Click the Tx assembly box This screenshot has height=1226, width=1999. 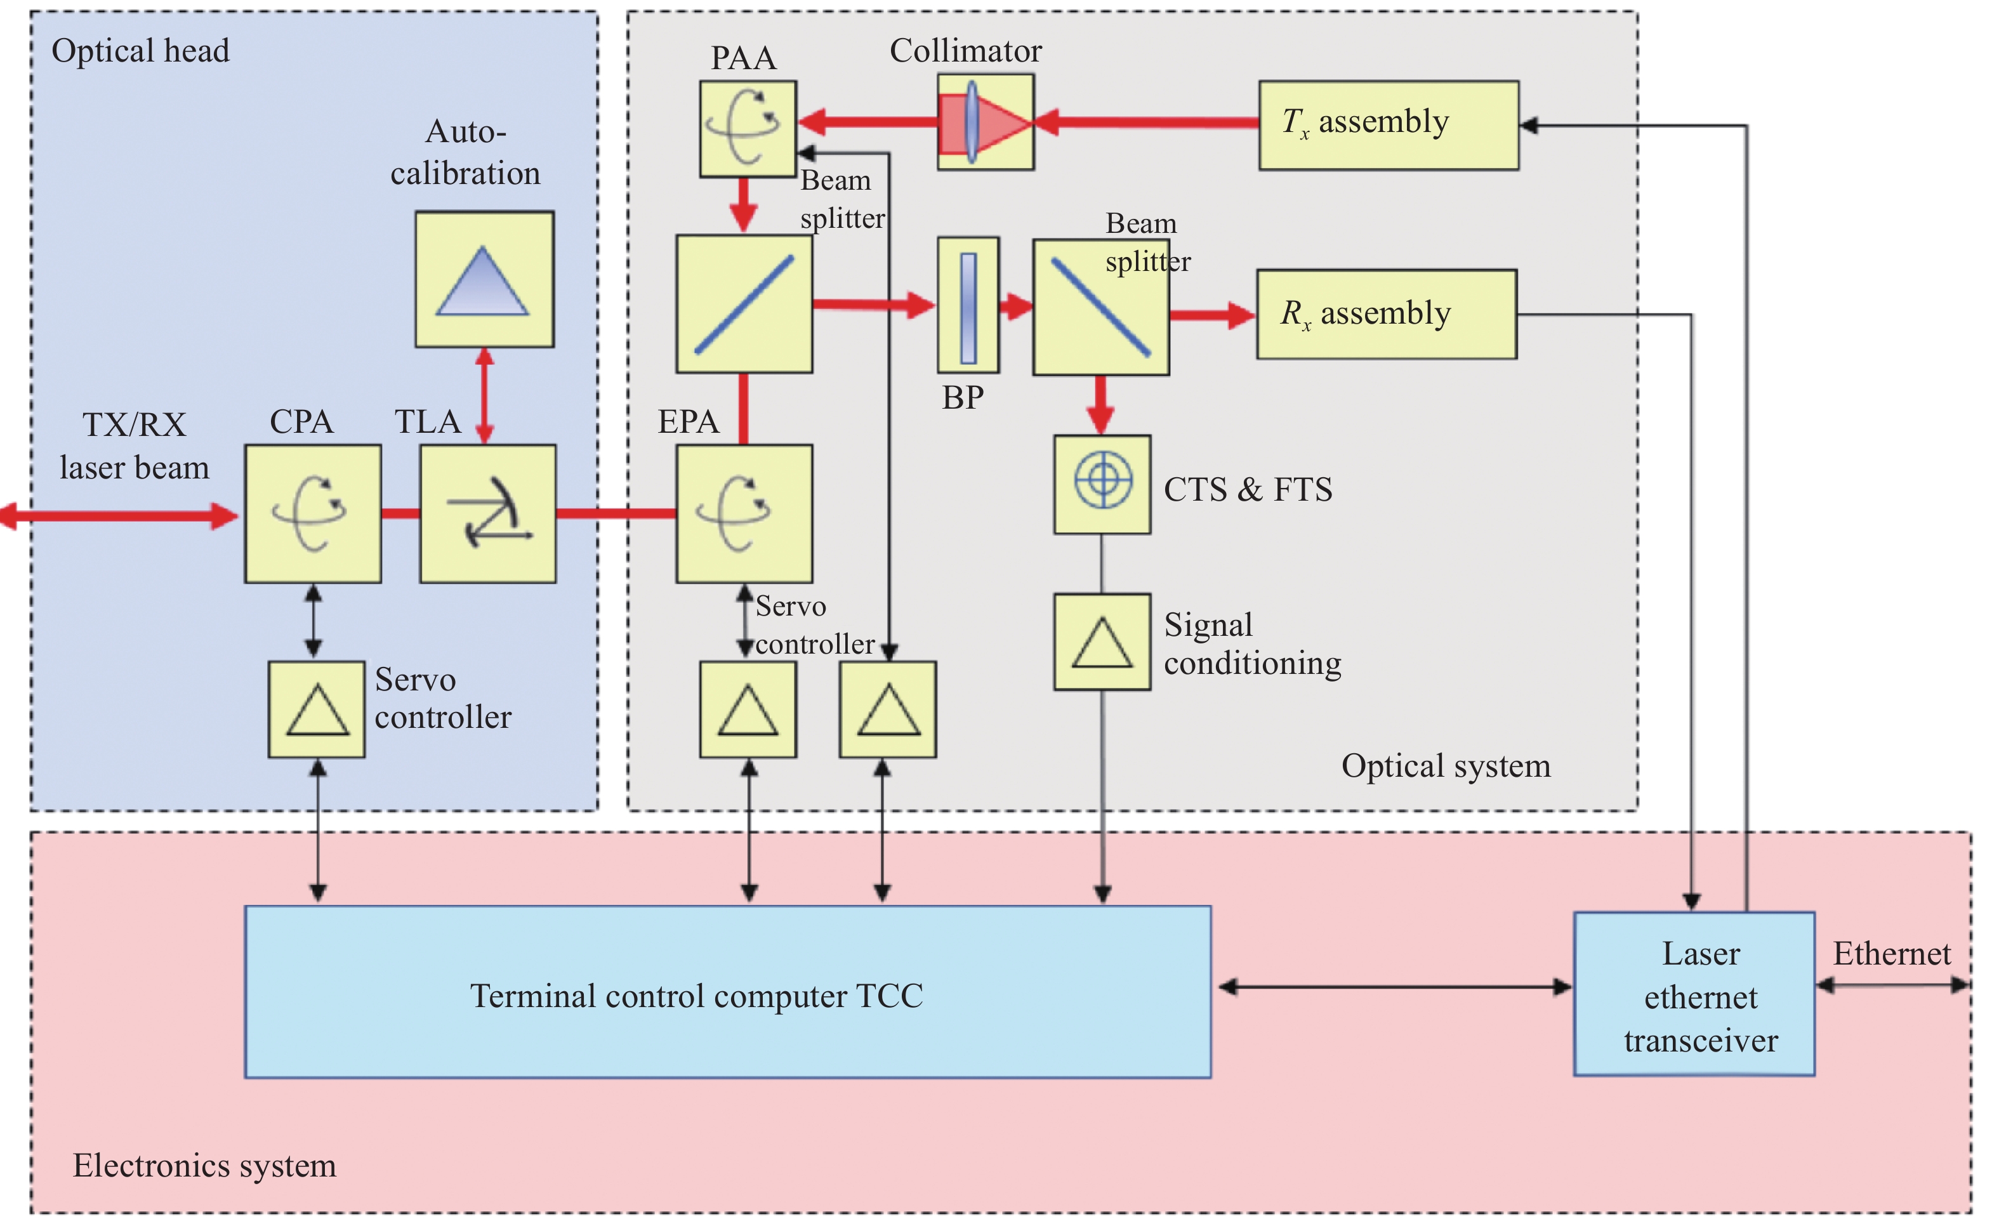[x=1387, y=125]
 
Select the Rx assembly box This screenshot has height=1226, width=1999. [x=1386, y=314]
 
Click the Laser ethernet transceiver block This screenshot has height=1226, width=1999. [x=1693, y=994]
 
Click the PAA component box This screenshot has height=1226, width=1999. [x=747, y=128]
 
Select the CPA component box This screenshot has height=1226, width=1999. [x=313, y=513]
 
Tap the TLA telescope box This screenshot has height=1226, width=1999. [x=487, y=513]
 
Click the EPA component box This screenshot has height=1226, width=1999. [x=744, y=513]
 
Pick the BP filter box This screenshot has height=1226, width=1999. [x=967, y=305]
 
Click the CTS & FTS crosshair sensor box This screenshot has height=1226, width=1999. [x=1102, y=484]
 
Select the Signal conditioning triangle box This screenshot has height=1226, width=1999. [x=1102, y=641]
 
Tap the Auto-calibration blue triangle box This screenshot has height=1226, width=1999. [x=484, y=279]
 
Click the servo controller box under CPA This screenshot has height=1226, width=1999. [x=317, y=709]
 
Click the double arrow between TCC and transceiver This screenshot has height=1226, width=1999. [x=1394, y=987]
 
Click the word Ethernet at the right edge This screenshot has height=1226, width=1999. [x=1891, y=953]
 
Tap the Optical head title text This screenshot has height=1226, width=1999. [x=140, y=50]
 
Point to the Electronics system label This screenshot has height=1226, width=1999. [x=204, y=1165]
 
